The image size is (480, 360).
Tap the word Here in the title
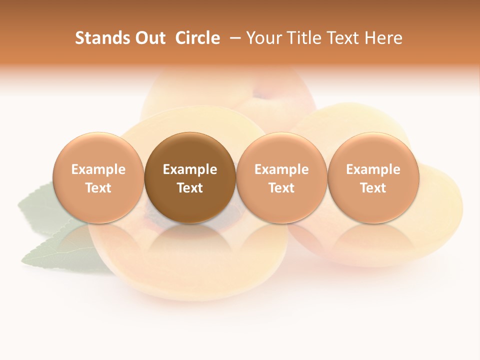tap(384, 38)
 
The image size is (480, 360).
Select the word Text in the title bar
tap(344, 38)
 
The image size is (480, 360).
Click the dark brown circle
tap(190, 177)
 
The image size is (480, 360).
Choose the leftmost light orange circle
tap(98, 177)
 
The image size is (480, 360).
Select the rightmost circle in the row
tap(373, 177)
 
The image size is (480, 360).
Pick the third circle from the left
tap(281, 177)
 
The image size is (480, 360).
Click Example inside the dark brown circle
tap(190, 169)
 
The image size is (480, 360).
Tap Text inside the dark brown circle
tap(190, 188)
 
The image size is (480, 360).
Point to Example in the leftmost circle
tap(98, 169)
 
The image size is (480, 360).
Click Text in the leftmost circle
tap(98, 188)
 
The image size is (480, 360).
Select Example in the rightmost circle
tap(373, 169)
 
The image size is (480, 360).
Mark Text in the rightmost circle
tap(373, 188)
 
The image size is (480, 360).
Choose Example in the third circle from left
tap(281, 169)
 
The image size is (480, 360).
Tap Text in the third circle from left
tap(281, 188)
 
